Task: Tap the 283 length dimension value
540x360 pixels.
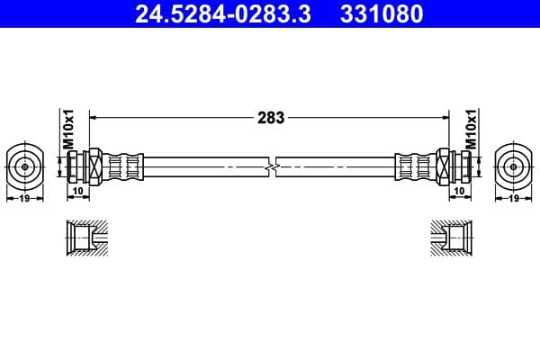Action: click(x=271, y=117)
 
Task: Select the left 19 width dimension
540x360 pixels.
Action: click(x=24, y=198)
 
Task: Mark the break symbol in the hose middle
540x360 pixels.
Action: click(x=271, y=166)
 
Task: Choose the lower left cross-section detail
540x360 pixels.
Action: click(x=87, y=238)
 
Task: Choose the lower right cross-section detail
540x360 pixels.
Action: click(x=450, y=238)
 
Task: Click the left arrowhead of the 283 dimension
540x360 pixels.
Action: click(x=94, y=117)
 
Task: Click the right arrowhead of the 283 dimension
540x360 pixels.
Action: click(x=445, y=117)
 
